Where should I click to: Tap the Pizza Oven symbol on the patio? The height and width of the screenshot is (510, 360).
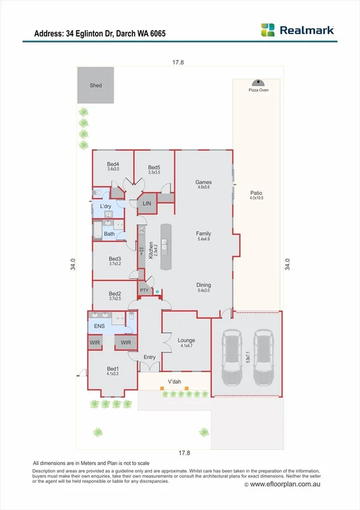click(258, 83)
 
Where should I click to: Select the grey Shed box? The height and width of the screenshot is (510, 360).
click(96, 85)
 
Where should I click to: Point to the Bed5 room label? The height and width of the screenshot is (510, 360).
click(154, 168)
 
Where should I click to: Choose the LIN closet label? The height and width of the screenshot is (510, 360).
click(147, 204)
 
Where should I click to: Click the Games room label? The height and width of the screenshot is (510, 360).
click(204, 182)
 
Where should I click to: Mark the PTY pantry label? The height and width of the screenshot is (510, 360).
click(144, 290)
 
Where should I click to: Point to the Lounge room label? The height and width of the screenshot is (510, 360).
click(186, 340)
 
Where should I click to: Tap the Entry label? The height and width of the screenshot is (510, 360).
click(150, 357)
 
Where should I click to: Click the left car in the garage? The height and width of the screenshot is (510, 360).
click(231, 358)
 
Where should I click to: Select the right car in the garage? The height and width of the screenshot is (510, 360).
click(263, 358)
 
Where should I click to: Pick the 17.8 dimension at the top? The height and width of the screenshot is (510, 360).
click(175, 62)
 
